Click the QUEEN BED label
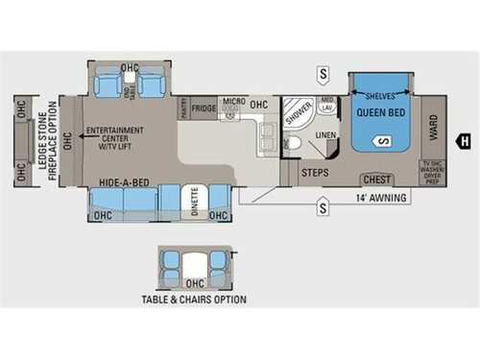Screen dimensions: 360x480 381,113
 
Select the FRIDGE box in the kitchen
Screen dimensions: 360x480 204,108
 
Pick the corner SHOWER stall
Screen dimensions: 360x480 300,111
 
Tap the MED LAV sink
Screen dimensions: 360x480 327,103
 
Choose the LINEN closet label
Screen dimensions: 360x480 325,135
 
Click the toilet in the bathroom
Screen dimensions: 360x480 295,144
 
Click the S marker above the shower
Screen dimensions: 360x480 324,74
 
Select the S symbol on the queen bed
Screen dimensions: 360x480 382,143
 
